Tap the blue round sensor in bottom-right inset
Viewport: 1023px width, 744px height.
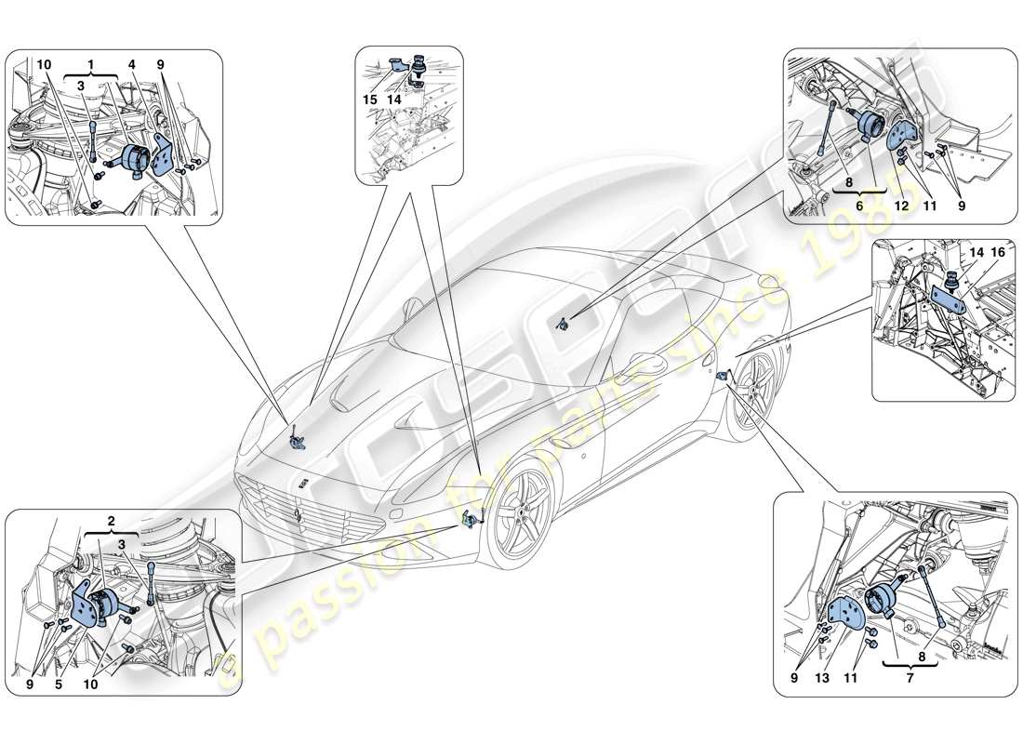tap(884, 606)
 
